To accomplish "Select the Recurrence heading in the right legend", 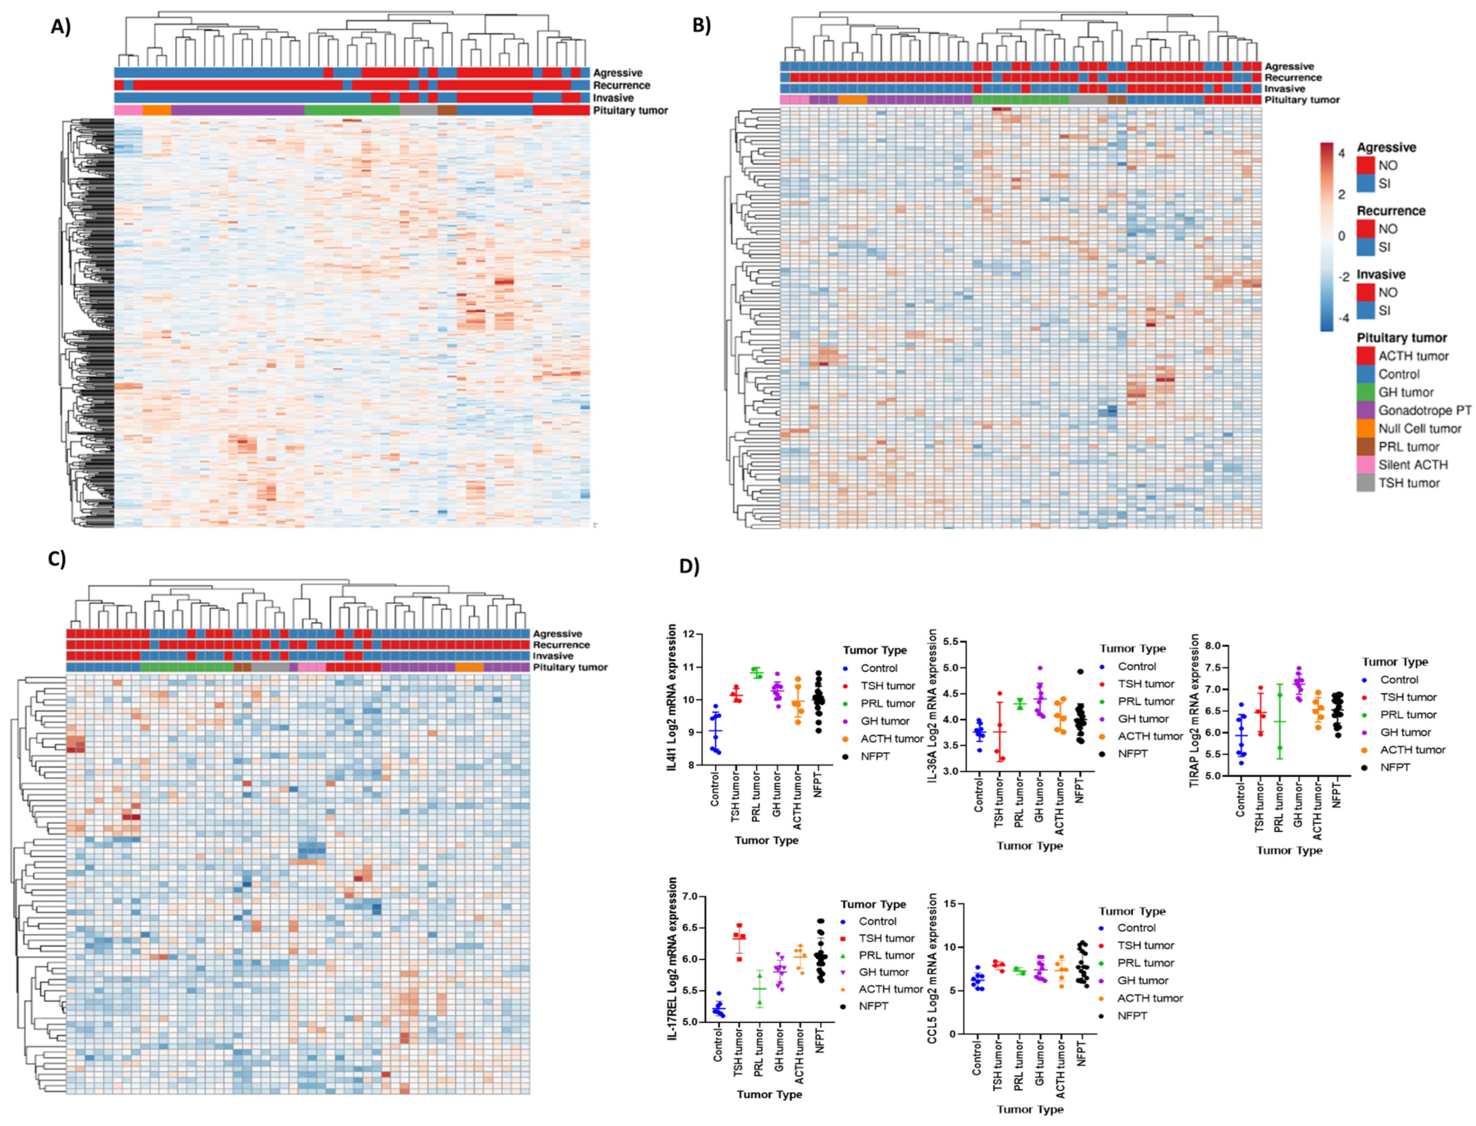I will pyautogui.click(x=1391, y=211).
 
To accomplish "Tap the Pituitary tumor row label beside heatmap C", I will pyautogui.click(x=571, y=667).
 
